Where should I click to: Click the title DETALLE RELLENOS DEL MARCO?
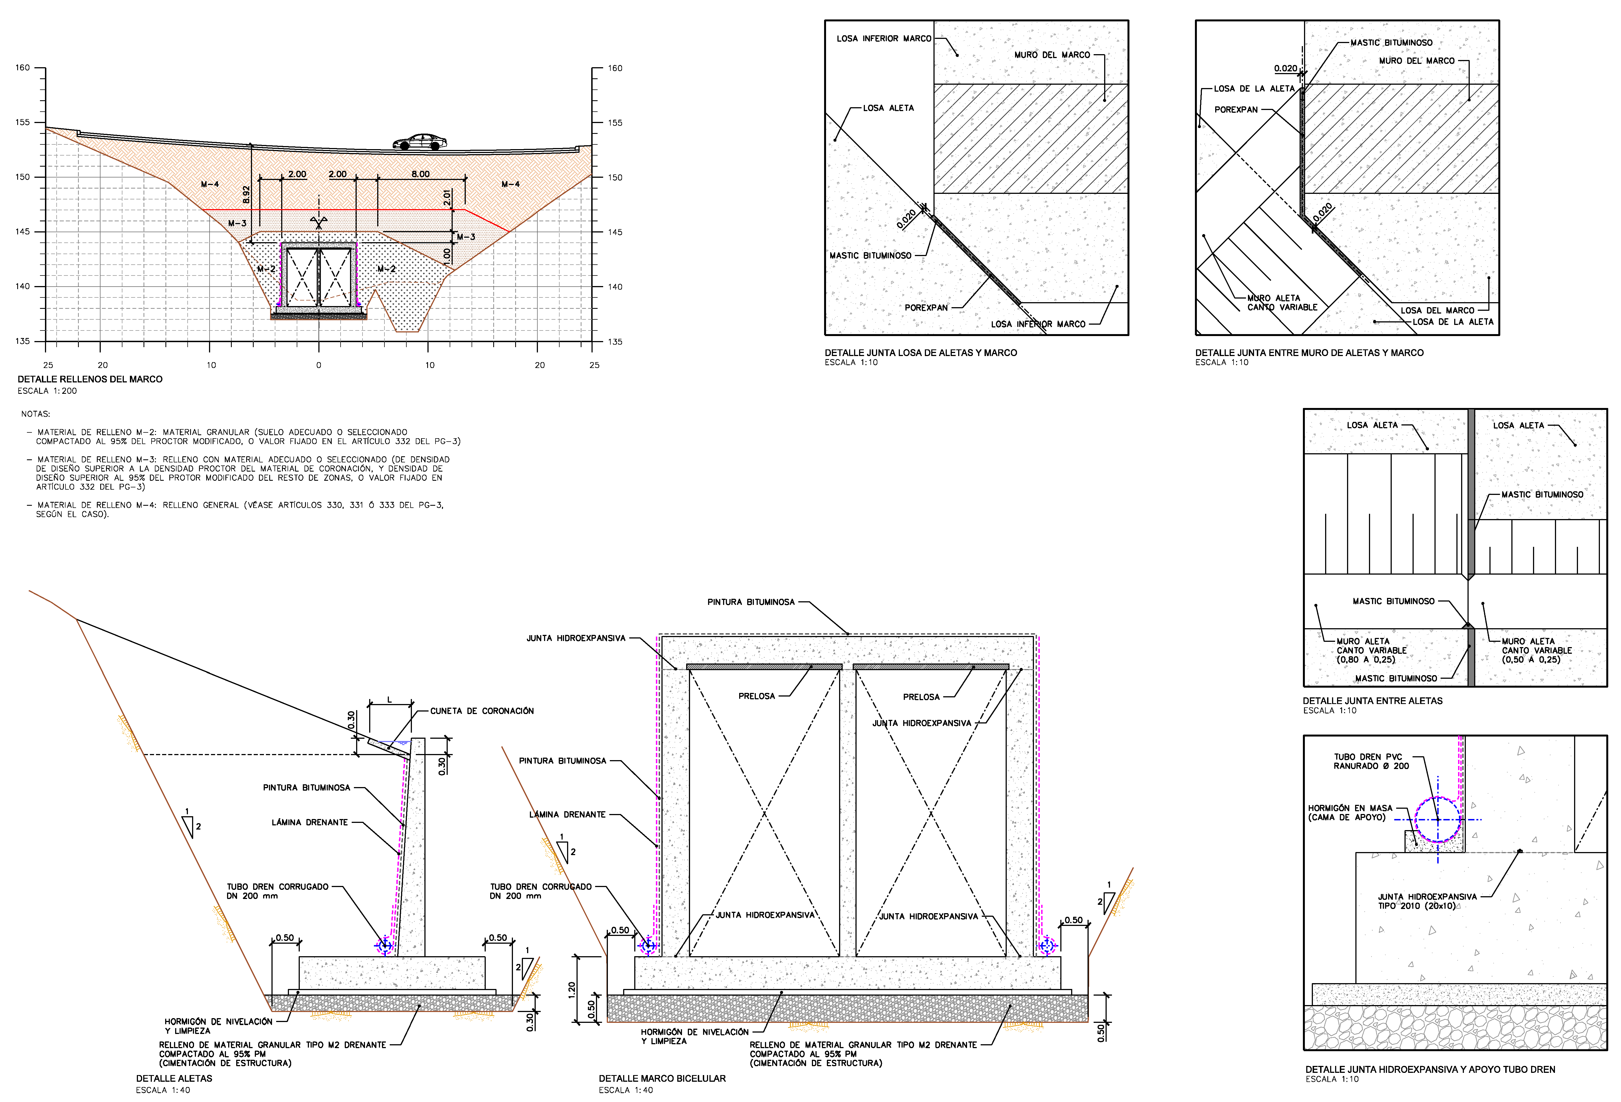coord(90,379)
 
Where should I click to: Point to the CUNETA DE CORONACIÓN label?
coord(481,710)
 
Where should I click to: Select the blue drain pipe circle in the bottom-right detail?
coord(1438,819)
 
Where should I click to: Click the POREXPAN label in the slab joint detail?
coord(926,307)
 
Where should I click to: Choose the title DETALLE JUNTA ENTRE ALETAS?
coord(1372,701)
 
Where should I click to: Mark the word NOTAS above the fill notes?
coord(36,414)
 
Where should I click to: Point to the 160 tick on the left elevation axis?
coord(23,68)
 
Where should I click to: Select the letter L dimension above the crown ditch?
coord(389,699)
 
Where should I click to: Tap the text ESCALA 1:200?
coord(47,391)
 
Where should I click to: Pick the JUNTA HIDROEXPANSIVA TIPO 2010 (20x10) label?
coord(1426,901)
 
